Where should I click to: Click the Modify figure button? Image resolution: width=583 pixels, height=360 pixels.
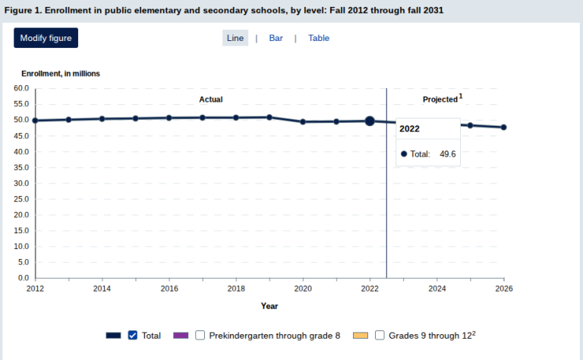click(x=46, y=38)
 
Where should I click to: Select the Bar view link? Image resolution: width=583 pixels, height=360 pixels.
click(x=276, y=38)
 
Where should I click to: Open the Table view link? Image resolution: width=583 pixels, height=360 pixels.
click(x=319, y=38)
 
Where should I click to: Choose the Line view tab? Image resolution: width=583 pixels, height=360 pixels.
click(x=235, y=38)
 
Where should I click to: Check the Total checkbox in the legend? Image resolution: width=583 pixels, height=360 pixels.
click(x=132, y=335)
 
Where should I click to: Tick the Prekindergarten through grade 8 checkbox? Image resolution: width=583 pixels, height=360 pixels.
click(x=200, y=335)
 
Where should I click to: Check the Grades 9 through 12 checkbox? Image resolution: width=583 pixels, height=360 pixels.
click(x=380, y=335)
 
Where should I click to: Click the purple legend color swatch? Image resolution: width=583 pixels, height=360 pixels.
click(x=181, y=336)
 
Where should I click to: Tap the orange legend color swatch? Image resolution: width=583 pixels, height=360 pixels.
click(x=361, y=336)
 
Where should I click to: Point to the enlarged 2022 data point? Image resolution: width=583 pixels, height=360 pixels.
click(x=370, y=121)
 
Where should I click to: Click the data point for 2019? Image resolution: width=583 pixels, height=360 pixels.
click(x=269, y=118)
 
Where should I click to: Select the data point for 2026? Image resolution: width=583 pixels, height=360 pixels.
click(x=504, y=127)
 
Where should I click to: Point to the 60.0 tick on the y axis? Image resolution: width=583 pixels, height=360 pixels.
click(x=21, y=88)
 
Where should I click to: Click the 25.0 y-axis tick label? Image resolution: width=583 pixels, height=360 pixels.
click(x=21, y=199)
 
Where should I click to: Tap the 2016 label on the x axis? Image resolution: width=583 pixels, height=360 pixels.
click(x=169, y=289)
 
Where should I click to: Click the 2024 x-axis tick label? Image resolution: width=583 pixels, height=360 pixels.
click(x=437, y=289)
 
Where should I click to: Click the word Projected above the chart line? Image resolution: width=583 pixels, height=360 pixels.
click(x=440, y=99)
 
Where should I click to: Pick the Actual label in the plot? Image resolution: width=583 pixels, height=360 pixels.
click(x=211, y=99)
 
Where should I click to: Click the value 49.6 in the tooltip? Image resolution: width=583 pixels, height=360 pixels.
click(x=448, y=154)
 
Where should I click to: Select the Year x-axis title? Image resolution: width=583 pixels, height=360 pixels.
click(x=269, y=306)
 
